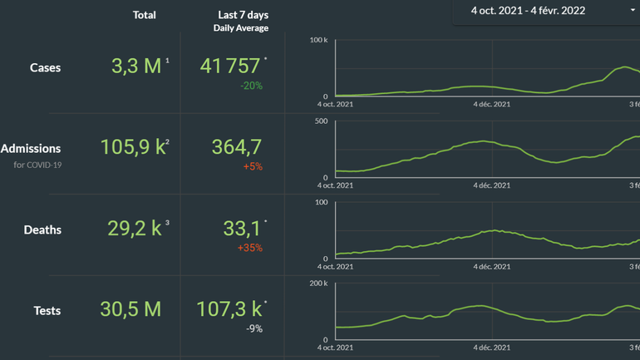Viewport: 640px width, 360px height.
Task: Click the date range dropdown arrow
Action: [633, 11]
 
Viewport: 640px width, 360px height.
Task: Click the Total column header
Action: [144, 15]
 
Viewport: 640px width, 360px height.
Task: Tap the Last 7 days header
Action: [243, 15]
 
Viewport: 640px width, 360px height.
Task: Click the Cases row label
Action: [45, 67]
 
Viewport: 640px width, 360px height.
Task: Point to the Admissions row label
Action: [31, 148]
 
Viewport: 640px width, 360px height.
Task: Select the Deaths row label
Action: [42, 229]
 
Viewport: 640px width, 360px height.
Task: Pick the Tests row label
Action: [47, 310]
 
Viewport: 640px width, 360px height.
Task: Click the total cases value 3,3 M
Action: [136, 67]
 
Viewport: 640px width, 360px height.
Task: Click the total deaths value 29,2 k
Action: [135, 229]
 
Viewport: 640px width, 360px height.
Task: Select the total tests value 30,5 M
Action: [130, 309]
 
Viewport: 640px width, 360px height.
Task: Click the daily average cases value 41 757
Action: [230, 67]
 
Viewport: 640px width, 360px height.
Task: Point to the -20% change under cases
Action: [251, 86]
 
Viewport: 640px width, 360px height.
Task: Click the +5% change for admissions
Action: [253, 166]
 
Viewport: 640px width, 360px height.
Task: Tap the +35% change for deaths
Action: [250, 248]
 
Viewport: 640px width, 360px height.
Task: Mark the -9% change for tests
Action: [254, 328]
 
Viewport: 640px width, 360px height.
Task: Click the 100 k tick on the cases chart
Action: [318, 40]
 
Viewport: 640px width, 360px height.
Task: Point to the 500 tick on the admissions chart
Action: [320, 121]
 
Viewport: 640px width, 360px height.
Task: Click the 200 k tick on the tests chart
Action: [318, 284]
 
